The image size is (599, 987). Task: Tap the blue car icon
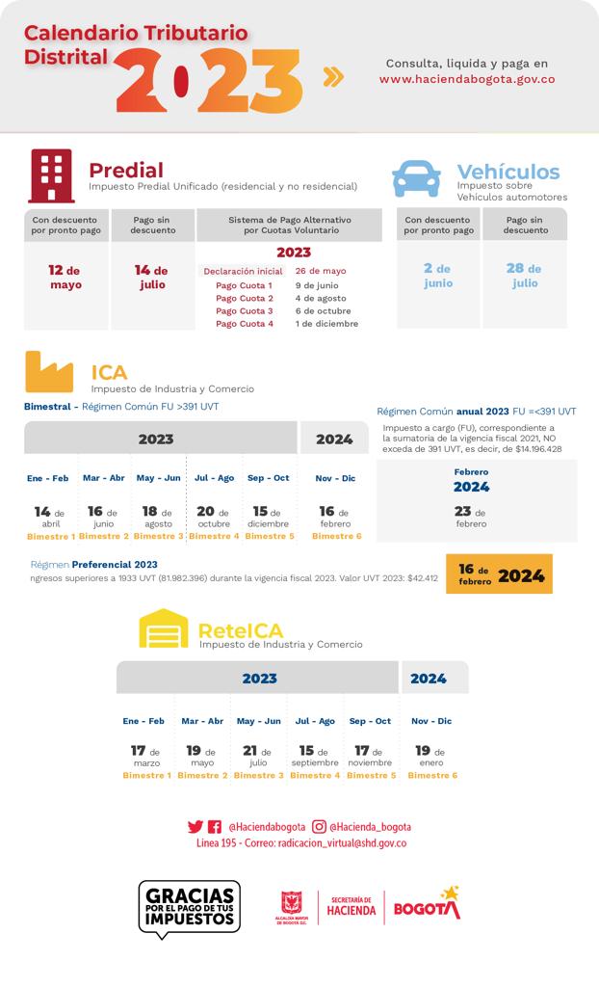[416, 178]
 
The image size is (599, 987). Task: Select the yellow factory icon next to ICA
[49, 372]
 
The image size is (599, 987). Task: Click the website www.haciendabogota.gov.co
[466, 79]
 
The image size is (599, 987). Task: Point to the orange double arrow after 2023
[333, 77]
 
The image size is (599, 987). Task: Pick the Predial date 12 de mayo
[65, 277]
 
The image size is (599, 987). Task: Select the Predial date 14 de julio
[152, 277]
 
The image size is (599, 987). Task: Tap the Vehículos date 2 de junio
[437, 276]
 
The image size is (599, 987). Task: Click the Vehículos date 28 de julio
[524, 276]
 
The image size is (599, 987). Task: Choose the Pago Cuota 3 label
[245, 311]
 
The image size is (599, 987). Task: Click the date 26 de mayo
[321, 271]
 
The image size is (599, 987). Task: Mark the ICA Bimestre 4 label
[214, 536]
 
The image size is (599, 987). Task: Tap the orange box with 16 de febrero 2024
[499, 574]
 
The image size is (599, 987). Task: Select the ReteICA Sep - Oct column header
[370, 721]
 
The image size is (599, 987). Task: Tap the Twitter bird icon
[195, 827]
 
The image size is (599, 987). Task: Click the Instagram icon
[319, 826]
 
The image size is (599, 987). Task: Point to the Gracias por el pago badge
[190, 907]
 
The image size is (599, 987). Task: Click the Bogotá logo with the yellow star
[428, 905]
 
